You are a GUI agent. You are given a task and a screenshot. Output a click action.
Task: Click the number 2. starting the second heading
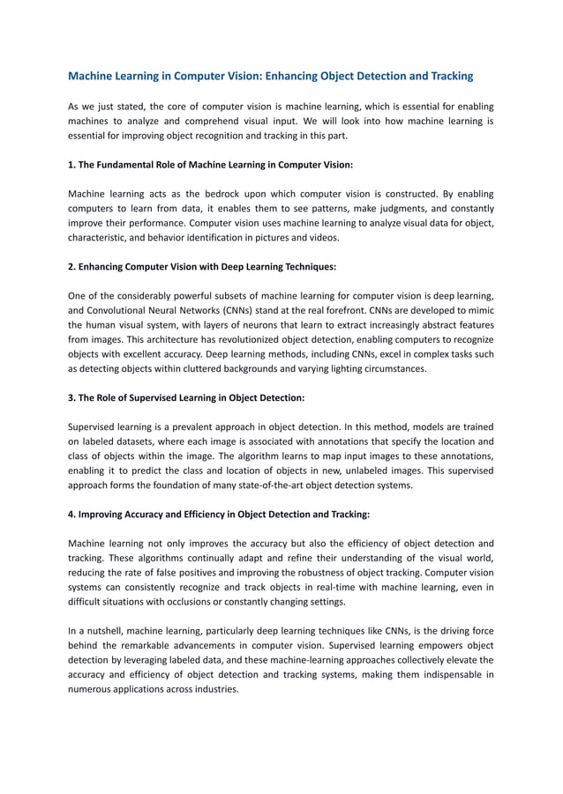click(x=72, y=265)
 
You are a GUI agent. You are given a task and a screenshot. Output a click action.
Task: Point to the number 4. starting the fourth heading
click(x=72, y=514)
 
